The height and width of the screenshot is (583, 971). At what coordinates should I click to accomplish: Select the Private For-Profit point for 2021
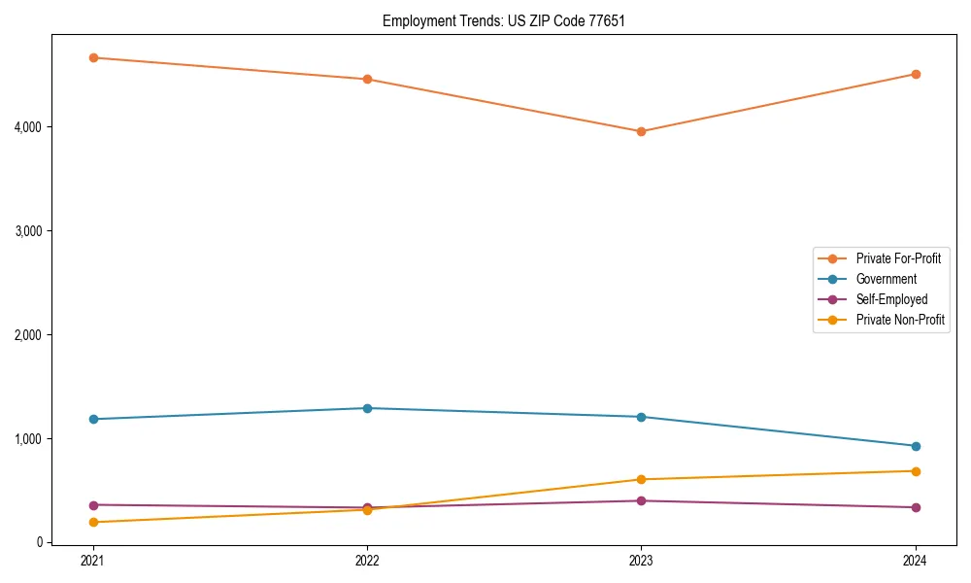pos(93,57)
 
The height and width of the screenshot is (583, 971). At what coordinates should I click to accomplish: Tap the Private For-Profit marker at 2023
pos(641,131)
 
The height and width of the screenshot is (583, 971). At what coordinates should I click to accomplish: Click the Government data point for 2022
pos(367,408)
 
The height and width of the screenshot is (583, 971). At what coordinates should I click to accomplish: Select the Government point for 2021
pos(93,419)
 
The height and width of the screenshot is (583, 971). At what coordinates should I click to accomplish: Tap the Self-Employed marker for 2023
pos(641,500)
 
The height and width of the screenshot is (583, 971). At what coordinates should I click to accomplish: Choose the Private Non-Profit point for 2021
pos(93,522)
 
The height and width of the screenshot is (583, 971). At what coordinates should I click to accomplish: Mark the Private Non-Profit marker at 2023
pos(641,479)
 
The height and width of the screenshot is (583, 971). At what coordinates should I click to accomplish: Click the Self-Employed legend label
pos(891,299)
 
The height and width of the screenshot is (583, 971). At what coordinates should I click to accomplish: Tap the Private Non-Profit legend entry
pos(900,320)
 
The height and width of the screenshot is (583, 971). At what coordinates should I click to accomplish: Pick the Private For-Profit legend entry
pos(898,258)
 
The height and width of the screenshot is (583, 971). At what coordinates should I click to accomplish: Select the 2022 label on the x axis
pos(367,561)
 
